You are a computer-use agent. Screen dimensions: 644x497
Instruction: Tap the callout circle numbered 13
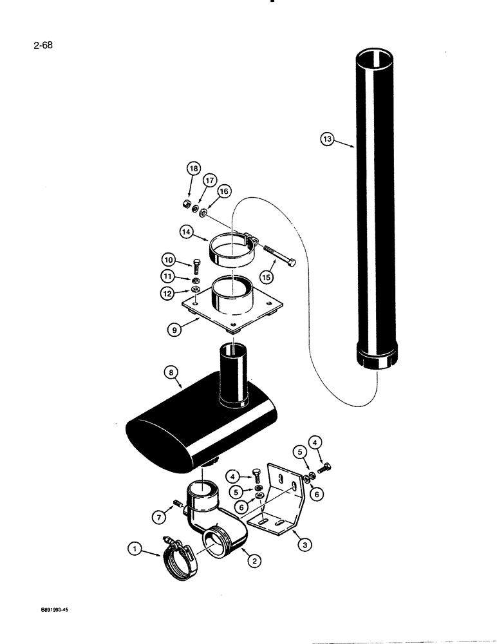coord(327,138)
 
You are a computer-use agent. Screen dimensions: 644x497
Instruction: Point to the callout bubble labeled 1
coord(134,549)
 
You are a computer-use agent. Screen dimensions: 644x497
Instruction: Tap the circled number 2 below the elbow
coord(254,562)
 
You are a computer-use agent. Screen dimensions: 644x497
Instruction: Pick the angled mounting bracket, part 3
coord(277,502)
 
